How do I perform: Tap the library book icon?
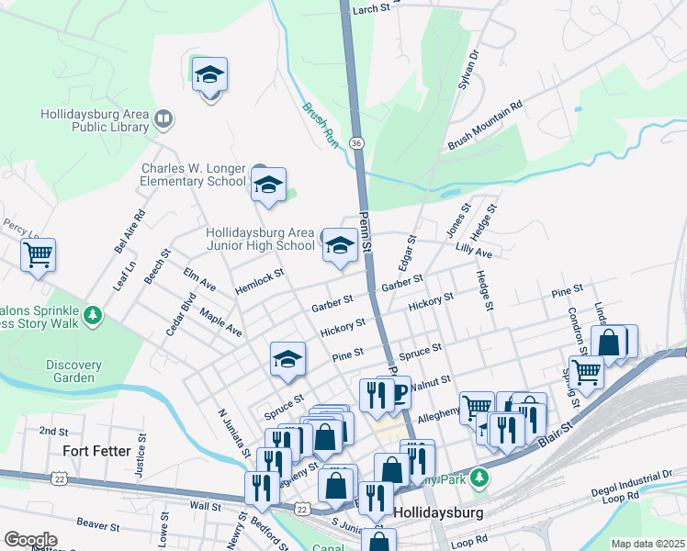[163, 118]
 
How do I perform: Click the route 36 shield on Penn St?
[356, 142]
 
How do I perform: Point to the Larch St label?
[371, 8]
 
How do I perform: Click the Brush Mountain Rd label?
[485, 126]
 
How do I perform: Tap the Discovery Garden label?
[74, 371]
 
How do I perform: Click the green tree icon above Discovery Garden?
[92, 317]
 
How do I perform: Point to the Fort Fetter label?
[100, 451]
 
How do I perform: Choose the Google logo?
[30, 540]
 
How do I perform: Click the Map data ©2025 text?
[648, 544]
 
